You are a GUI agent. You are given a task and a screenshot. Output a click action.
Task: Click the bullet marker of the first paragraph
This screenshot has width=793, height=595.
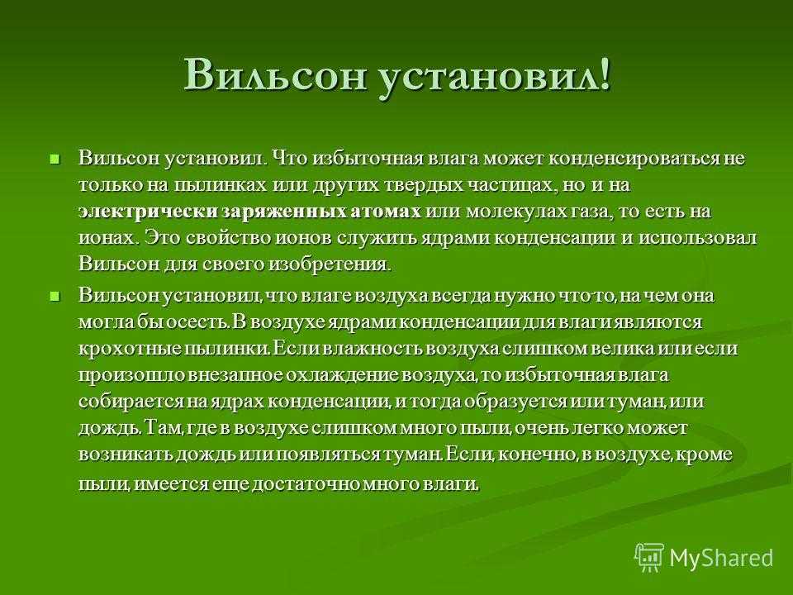(55, 159)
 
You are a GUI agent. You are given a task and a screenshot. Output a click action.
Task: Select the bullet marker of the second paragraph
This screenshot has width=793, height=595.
(55, 297)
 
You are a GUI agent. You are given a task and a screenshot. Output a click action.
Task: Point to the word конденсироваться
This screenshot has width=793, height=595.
(634, 159)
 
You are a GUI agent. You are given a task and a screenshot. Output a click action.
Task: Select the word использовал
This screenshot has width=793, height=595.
(697, 238)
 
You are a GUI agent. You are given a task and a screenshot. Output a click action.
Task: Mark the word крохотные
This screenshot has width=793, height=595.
(130, 350)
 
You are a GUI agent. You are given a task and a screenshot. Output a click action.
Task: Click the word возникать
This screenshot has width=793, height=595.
(125, 455)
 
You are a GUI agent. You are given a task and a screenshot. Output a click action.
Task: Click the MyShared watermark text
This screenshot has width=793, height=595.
(721, 558)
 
